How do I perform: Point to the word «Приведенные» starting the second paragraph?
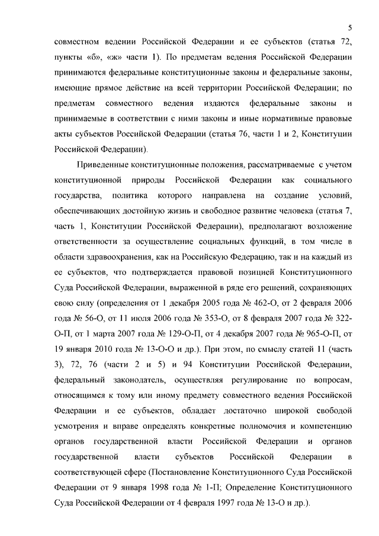click(106, 163)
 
